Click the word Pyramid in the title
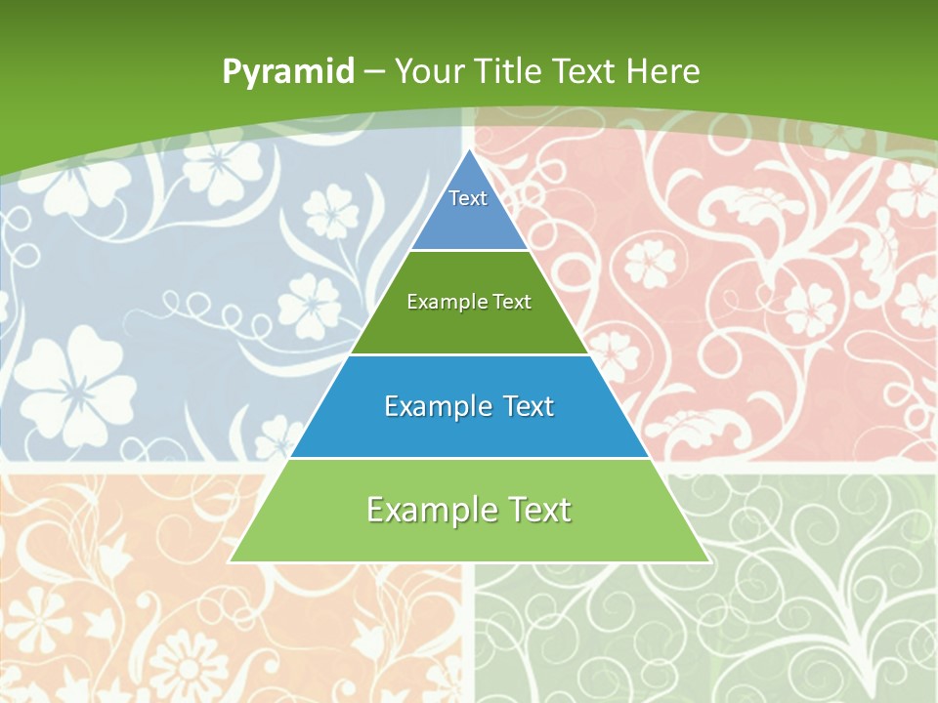[x=288, y=72]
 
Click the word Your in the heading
[x=429, y=71]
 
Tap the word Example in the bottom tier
[x=428, y=510]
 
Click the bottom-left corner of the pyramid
[x=231, y=560]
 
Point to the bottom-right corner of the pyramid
[x=708, y=560]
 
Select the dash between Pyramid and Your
[x=374, y=72]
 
